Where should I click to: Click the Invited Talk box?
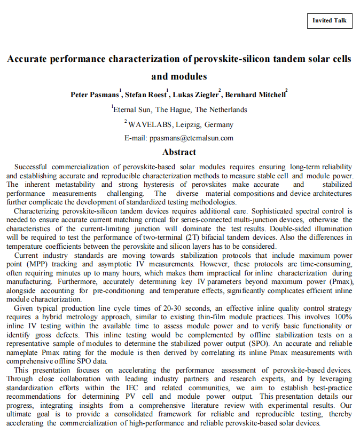click(330, 21)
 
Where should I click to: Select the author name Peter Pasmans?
click(95, 95)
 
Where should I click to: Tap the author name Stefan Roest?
click(146, 95)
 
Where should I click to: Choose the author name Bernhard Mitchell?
click(255, 95)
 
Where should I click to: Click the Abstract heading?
click(179, 152)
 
